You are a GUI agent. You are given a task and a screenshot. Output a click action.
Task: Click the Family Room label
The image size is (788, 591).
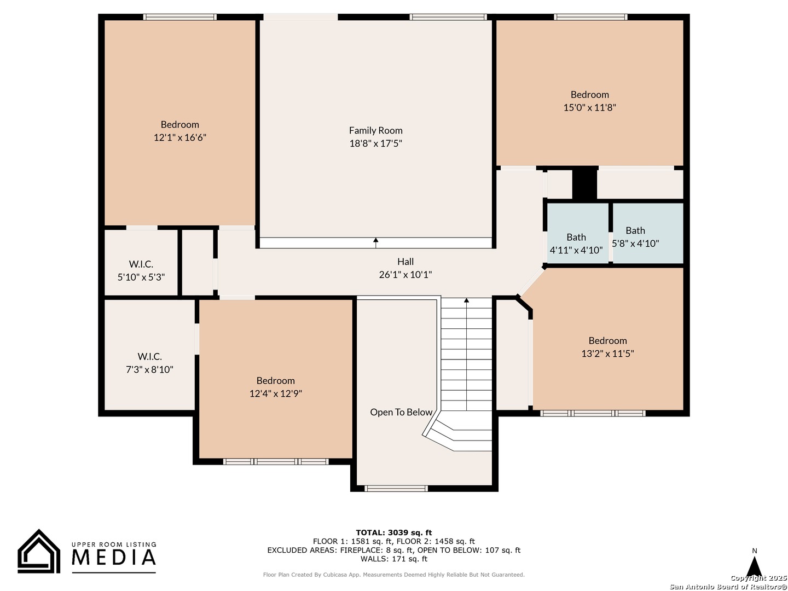pos(375,130)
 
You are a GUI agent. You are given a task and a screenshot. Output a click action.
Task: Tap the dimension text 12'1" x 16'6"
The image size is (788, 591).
pos(180,137)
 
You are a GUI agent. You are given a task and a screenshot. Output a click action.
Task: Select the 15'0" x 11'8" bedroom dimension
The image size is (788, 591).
pos(589,107)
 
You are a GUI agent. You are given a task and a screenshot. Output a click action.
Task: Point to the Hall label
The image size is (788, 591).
pos(405,262)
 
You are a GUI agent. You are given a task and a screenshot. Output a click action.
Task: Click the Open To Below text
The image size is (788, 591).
pos(401,412)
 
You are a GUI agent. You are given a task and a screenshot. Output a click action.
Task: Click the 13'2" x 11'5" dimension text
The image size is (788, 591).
pos(607,354)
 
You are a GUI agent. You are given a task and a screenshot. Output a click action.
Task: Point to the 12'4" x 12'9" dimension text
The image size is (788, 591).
pos(276,393)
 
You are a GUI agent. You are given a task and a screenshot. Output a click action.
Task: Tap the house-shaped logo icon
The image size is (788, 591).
pos(39,552)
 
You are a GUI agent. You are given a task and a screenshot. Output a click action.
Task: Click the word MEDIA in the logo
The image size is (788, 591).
pos(114,557)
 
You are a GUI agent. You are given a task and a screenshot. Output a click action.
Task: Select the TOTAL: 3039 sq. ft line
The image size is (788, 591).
pos(394,532)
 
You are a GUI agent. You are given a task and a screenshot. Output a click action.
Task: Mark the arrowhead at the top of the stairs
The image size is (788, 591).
pos(466,300)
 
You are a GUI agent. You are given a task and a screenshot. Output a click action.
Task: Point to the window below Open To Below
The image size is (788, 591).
pos(396,488)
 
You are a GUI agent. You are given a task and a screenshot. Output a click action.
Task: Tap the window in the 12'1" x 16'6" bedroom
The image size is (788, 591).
pos(180,17)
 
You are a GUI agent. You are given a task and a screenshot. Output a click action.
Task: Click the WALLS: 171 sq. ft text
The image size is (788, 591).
pos(394,559)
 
